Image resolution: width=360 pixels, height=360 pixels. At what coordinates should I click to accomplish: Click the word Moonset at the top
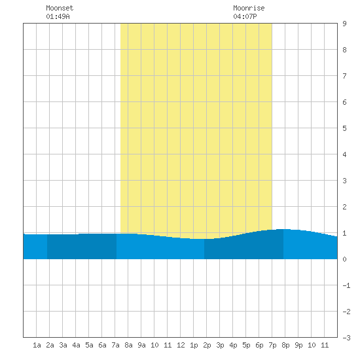tap(60, 8)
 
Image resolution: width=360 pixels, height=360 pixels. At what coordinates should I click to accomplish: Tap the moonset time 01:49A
tap(58, 16)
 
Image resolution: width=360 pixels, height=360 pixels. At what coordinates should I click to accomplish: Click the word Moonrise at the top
tap(249, 8)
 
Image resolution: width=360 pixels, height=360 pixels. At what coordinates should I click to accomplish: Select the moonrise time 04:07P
tap(245, 16)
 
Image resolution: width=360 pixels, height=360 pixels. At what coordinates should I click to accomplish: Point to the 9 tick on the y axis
tap(344, 24)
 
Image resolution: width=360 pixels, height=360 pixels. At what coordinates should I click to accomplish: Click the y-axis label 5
tap(344, 128)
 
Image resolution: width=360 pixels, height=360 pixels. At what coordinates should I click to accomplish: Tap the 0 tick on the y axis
tap(344, 259)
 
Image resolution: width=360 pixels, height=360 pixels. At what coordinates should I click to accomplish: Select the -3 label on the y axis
tap(347, 338)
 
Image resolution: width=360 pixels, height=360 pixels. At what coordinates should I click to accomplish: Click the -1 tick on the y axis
tap(347, 285)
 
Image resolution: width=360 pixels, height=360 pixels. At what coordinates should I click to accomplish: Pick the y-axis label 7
tap(344, 76)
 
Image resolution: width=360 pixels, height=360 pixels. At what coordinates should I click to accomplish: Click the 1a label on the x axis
tap(37, 345)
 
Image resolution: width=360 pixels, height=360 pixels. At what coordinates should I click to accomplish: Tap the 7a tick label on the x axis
tap(115, 345)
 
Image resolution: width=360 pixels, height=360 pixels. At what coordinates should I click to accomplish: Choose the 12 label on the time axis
tap(181, 345)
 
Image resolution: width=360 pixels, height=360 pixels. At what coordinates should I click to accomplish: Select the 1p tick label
tap(194, 345)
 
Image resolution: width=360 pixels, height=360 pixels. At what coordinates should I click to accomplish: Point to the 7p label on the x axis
tap(272, 345)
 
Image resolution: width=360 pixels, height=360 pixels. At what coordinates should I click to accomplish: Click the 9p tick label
tap(298, 345)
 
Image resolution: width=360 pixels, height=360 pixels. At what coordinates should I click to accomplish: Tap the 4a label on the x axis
tap(76, 345)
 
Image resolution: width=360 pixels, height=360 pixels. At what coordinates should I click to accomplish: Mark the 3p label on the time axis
tap(220, 345)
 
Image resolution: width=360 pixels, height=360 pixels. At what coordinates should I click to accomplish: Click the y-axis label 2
tap(344, 207)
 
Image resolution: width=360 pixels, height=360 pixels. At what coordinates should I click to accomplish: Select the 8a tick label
tap(128, 345)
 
